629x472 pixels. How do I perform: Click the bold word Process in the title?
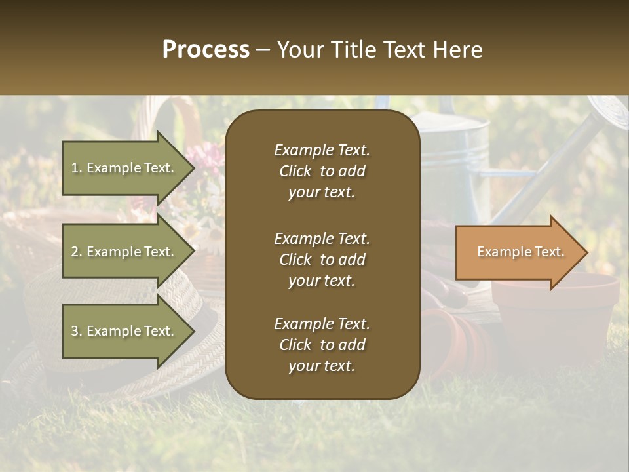(206, 50)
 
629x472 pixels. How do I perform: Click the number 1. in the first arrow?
(77, 168)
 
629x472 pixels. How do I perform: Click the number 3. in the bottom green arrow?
(77, 331)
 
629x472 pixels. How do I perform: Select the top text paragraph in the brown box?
(322, 171)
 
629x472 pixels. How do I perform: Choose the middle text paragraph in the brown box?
(322, 260)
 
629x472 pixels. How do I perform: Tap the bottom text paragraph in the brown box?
(322, 345)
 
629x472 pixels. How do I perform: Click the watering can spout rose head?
(608, 112)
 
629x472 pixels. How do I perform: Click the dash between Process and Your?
(263, 50)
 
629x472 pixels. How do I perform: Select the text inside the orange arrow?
(520, 252)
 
